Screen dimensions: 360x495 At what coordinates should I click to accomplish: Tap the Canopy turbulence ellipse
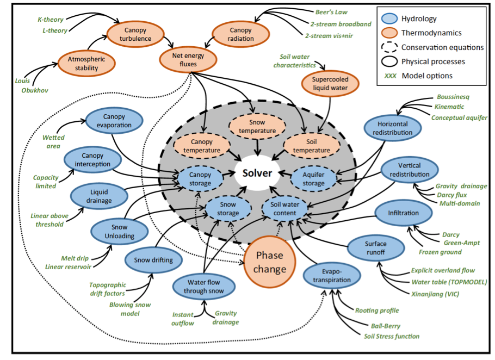click(x=135, y=34)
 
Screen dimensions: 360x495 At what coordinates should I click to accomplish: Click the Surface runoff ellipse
click(x=376, y=247)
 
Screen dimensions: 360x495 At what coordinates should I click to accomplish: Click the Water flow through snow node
click(x=203, y=286)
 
